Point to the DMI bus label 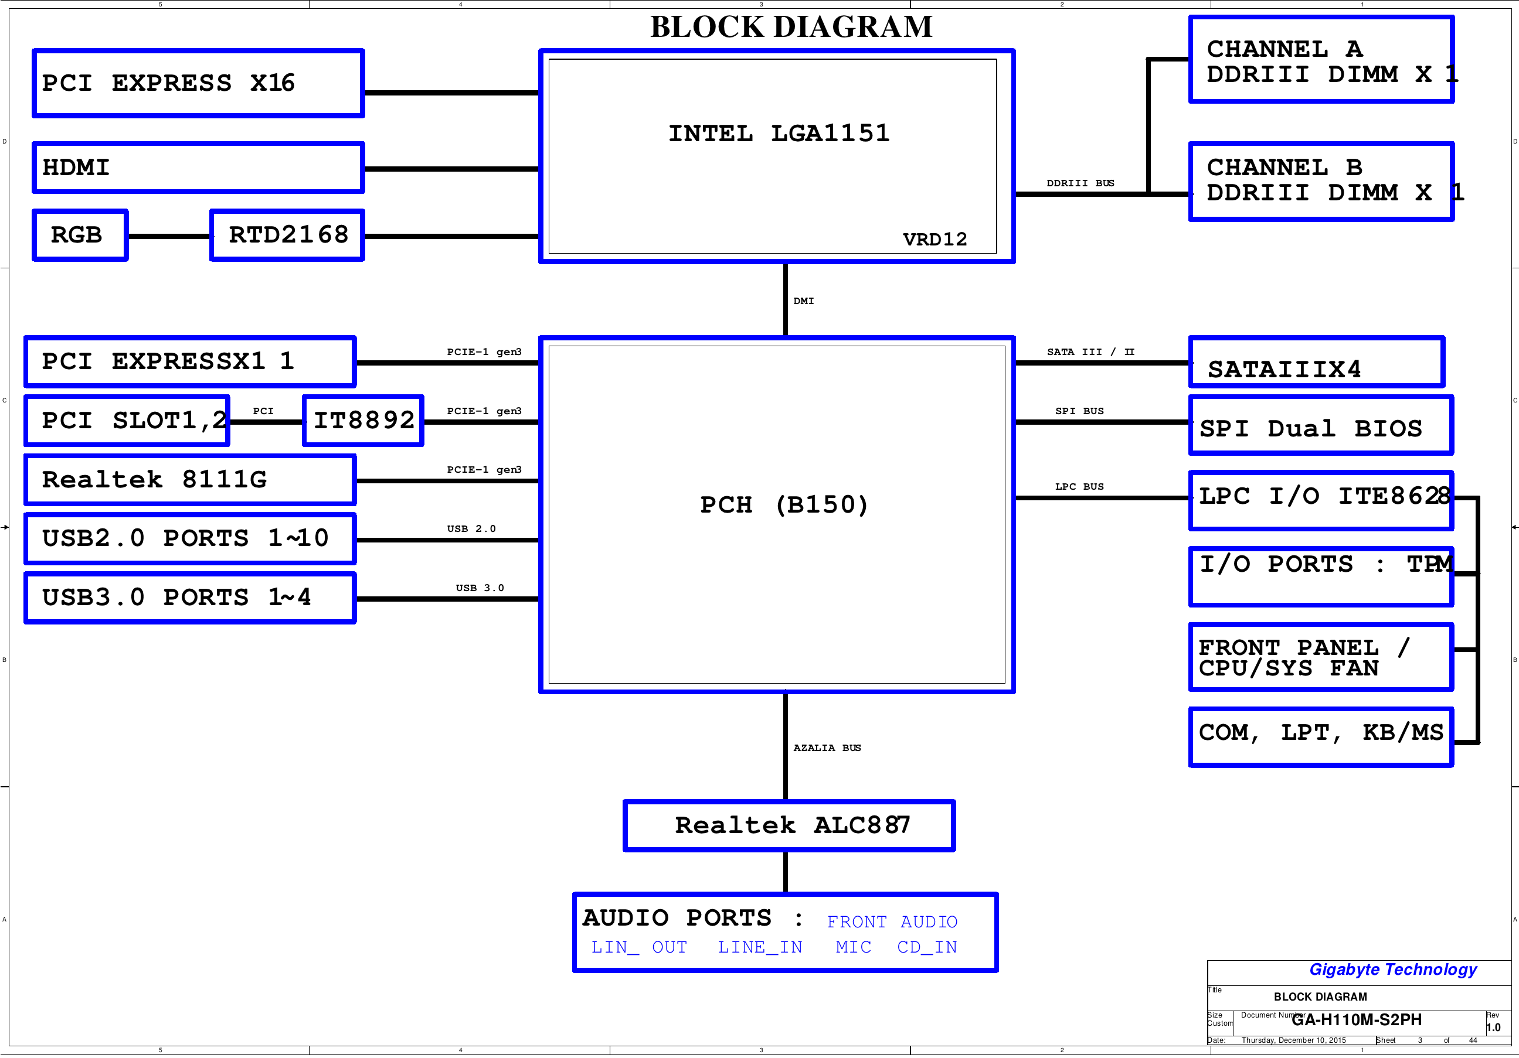(x=804, y=301)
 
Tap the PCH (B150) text (x=784, y=504)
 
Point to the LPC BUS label (x=1079, y=487)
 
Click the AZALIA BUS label (x=827, y=748)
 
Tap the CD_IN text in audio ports (x=927, y=947)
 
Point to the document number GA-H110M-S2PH (x=1356, y=1020)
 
